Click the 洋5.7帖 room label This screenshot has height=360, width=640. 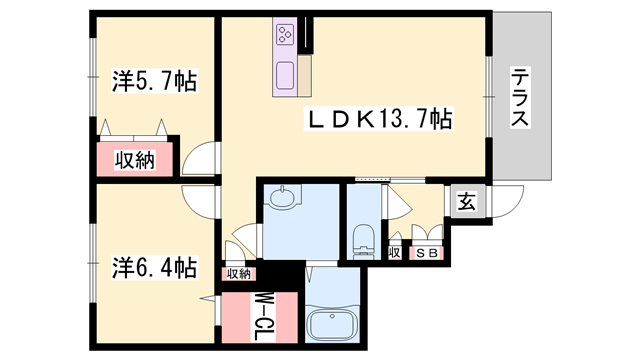(x=155, y=81)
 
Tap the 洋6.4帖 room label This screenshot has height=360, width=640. (x=155, y=268)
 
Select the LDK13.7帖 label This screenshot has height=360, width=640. (x=378, y=119)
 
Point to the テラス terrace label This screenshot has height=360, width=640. (x=520, y=97)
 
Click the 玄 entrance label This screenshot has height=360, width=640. (x=467, y=202)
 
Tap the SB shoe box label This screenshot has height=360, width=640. (x=427, y=253)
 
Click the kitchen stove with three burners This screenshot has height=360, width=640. (x=284, y=34)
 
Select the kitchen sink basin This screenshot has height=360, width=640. (x=285, y=76)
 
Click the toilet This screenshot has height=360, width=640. (x=363, y=242)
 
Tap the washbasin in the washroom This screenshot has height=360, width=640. (x=282, y=197)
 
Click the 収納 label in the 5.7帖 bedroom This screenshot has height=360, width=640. (x=135, y=160)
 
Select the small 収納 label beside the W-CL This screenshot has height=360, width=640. (x=239, y=274)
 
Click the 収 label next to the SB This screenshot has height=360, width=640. (x=395, y=253)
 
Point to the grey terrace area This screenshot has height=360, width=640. (x=522, y=95)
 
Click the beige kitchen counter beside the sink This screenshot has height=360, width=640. (x=304, y=76)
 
